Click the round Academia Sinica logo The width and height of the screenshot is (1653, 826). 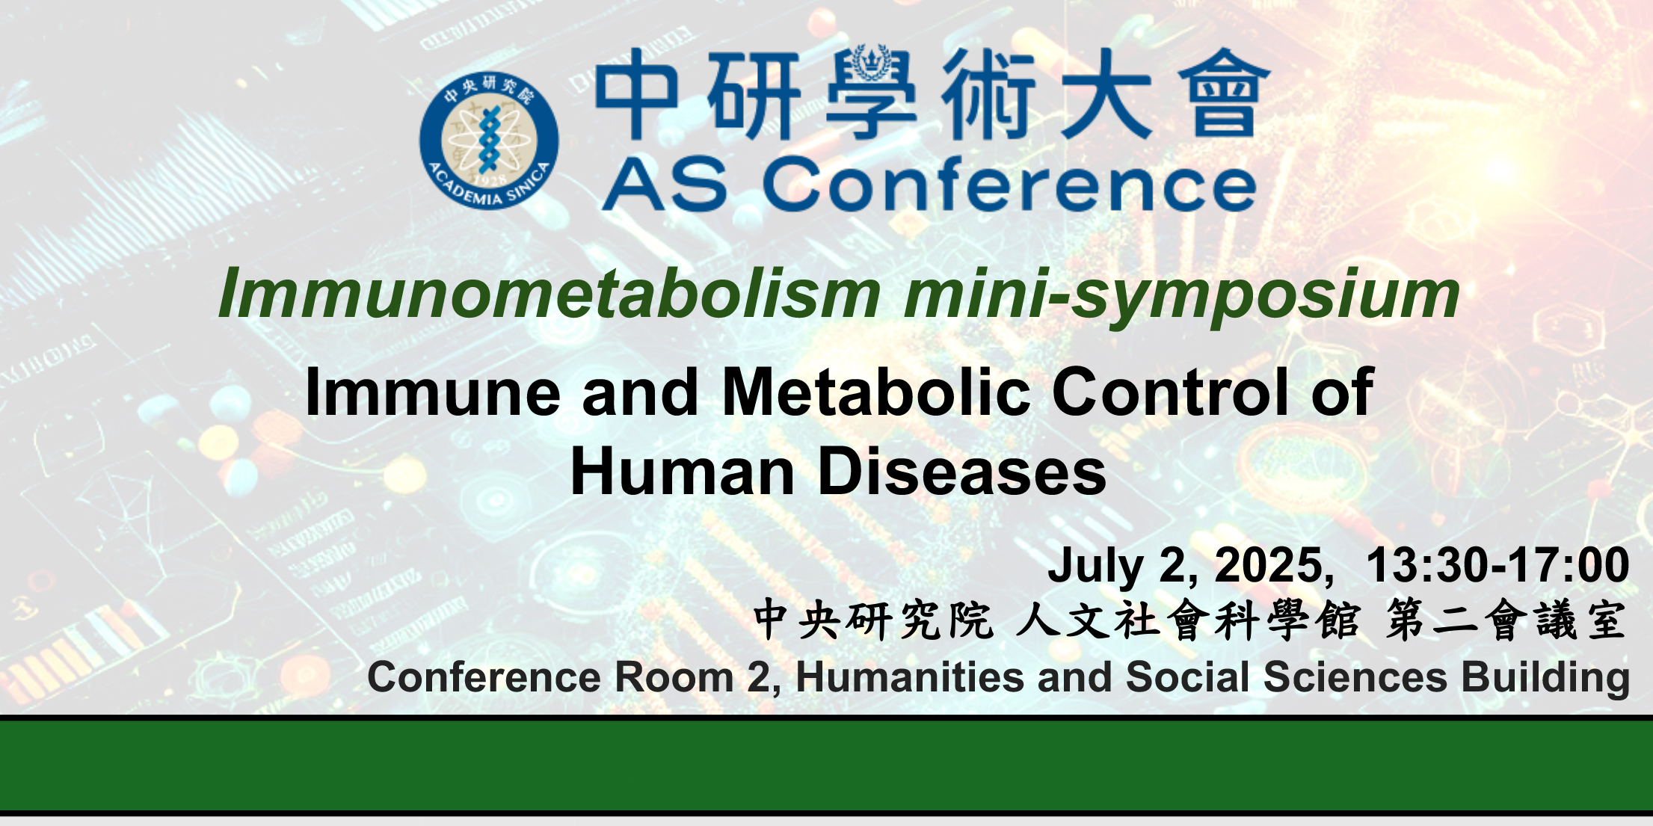click(x=489, y=141)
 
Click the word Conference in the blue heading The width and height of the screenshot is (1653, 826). click(x=1009, y=185)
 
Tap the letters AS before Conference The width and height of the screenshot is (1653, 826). click(x=665, y=185)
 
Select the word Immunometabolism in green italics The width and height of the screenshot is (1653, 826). click(x=550, y=294)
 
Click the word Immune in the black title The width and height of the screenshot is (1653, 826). click(x=433, y=392)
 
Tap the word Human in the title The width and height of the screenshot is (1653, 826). click(x=683, y=472)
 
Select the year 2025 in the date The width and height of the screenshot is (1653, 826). click(x=1270, y=565)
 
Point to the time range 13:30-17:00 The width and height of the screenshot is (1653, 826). click(x=1497, y=565)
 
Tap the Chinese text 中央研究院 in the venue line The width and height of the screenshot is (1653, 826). click(x=873, y=620)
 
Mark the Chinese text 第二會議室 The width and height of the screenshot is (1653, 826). click(x=1506, y=620)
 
